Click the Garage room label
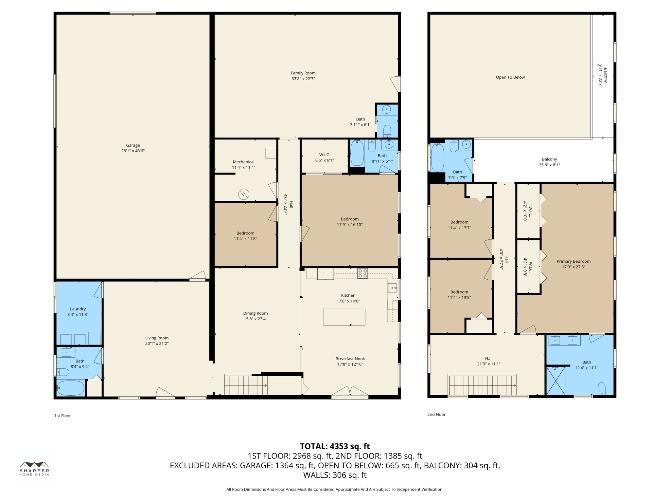[x=132, y=145]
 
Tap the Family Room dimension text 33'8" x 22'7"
[x=303, y=79]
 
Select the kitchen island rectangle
[x=344, y=316]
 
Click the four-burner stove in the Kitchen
[x=362, y=273]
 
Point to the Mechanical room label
[x=243, y=162]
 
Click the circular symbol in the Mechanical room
[x=244, y=194]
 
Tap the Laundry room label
[x=78, y=309]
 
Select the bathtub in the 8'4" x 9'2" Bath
[x=71, y=388]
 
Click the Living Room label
[x=157, y=338]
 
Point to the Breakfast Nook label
[x=350, y=359]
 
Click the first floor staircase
[x=245, y=385]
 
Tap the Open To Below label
[x=510, y=77]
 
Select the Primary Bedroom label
[x=573, y=261]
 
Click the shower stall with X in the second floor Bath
[x=555, y=381]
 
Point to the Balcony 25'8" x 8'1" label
[x=549, y=159]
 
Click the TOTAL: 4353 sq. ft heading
[x=335, y=446]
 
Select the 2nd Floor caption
[x=436, y=414]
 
